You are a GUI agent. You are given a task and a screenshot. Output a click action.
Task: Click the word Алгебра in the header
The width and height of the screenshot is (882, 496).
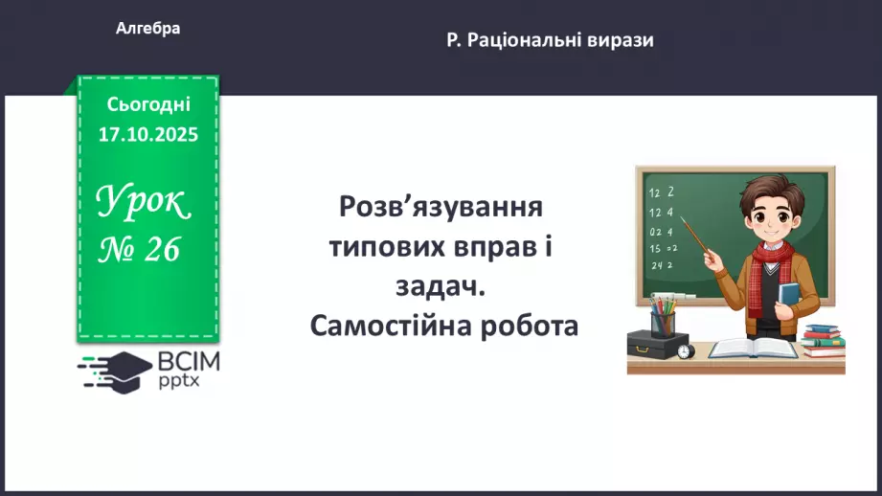tap(147, 29)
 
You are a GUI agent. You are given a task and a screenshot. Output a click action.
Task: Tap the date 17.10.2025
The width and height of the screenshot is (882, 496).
tap(147, 134)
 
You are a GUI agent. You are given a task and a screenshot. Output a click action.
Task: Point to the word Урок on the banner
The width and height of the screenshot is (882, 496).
tap(144, 202)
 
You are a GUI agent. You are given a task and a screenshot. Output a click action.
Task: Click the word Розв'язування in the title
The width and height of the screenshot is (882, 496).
tap(441, 207)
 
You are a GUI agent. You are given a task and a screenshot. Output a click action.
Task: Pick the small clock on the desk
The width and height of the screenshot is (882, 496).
tap(685, 351)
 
